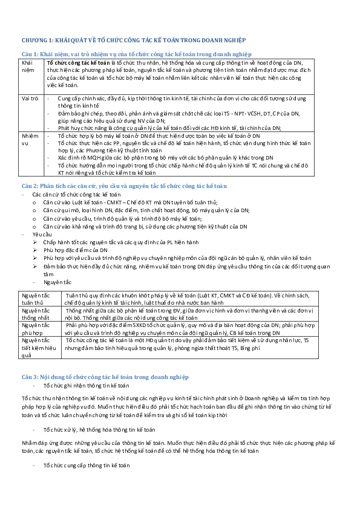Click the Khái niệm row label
(28, 66)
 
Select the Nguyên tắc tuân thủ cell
(36, 299)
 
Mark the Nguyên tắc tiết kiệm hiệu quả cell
(36, 347)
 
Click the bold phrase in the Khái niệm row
(78, 63)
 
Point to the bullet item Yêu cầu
(42, 233)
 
